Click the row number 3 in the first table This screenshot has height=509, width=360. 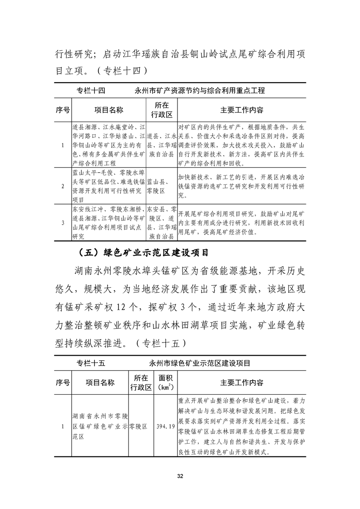62,222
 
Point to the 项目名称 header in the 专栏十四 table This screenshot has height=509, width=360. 108,110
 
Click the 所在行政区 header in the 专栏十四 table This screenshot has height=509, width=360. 161,110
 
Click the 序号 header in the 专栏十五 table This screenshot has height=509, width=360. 63,383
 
